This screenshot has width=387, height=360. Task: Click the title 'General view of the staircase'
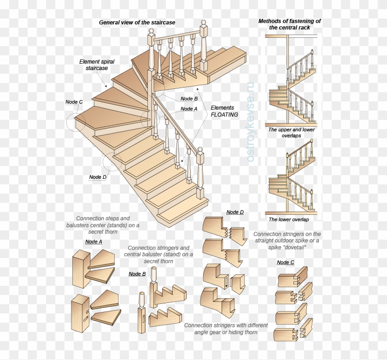click(137, 23)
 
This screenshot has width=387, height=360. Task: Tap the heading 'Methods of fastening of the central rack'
click(289, 24)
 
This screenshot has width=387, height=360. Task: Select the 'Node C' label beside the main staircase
click(74, 102)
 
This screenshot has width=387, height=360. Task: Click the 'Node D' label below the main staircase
click(98, 177)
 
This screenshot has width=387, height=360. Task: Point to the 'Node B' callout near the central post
click(189, 99)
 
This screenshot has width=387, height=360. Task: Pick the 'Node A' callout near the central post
click(189, 109)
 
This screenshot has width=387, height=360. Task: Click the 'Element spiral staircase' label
click(97, 65)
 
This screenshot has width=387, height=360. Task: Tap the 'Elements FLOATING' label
click(224, 111)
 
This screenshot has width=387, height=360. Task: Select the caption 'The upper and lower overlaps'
click(291, 133)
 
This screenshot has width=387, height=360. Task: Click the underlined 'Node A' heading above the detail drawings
click(94, 242)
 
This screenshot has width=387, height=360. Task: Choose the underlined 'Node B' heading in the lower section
click(137, 274)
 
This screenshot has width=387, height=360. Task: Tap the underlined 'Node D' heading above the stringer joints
click(235, 212)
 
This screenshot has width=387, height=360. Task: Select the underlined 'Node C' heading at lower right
click(285, 262)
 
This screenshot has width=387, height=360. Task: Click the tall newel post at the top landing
click(203, 46)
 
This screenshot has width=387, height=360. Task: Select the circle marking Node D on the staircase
click(112, 162)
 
